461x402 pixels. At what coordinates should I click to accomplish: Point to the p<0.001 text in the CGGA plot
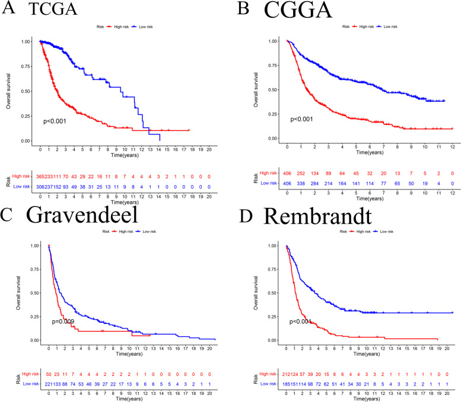[304, 119]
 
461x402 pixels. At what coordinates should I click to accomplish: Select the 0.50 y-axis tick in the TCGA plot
[26, 91]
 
